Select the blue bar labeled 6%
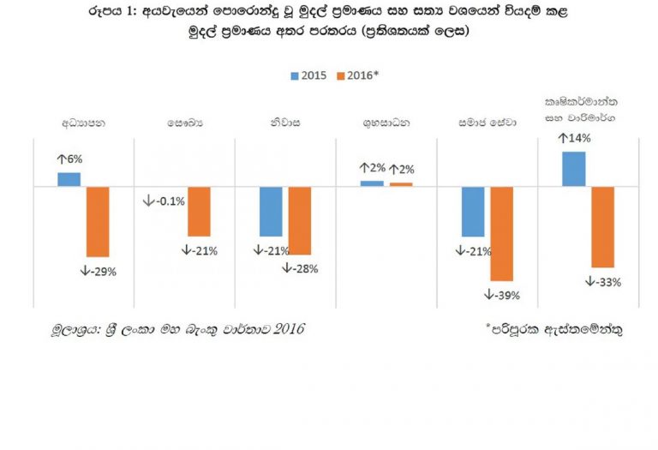tap(69, 179)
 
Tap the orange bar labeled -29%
tap(98, 221)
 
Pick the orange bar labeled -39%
tap(501, 233)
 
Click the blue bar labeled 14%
tap(574, 169)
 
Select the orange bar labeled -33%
tap(603, 226)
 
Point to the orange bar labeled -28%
tap(300, 220)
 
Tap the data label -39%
tap(503, 295)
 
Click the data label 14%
tap(574, 138)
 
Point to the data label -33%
tap(604, 281)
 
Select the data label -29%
tap(98, 272)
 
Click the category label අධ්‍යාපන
tap(83, 123)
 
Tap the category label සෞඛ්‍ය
tap(185, 123)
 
